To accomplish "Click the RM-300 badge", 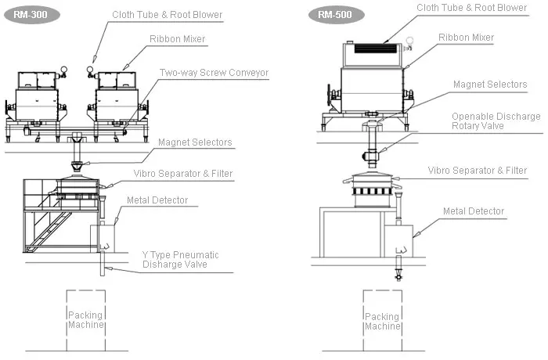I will (27, 14).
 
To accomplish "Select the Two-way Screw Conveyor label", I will (214, 73).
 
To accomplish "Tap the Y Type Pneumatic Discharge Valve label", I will (180, 259).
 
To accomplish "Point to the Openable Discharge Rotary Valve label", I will (496, 121).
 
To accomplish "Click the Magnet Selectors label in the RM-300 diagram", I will (195, 142).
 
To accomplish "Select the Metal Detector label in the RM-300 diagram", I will (157, 200).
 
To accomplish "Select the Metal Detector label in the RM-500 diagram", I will (474, 211).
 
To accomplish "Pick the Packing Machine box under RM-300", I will (85, 320).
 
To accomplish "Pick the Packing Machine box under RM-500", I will (382, 320).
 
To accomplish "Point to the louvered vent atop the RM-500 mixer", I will (376, 48).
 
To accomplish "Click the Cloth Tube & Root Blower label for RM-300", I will (167, 14).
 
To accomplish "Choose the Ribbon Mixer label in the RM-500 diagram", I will (466, 37).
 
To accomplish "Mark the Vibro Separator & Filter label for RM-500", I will (477, 170).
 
